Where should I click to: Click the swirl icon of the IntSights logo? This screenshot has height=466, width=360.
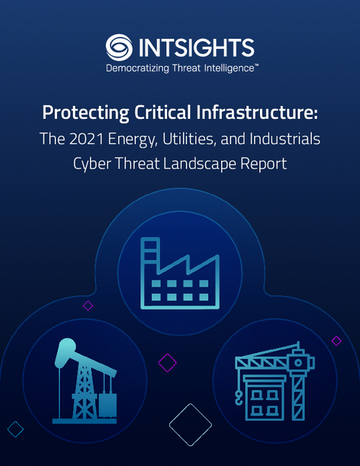point(119,48)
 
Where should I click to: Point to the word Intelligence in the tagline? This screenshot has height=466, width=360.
point(225,69)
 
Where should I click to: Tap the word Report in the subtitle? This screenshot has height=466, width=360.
point(266,163)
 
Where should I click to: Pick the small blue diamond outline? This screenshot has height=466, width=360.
point(14,429)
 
